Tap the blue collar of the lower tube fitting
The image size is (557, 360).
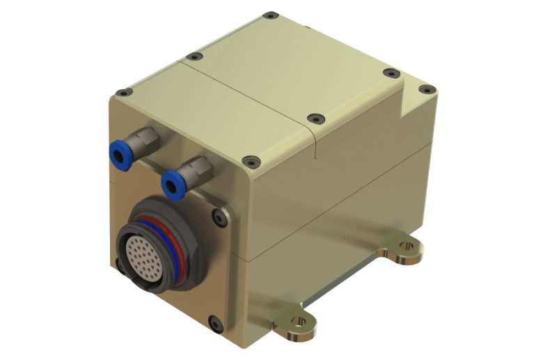(169, 185)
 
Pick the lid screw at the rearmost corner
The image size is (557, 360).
(269, 14)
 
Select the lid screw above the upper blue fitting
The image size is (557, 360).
(123, 92)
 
